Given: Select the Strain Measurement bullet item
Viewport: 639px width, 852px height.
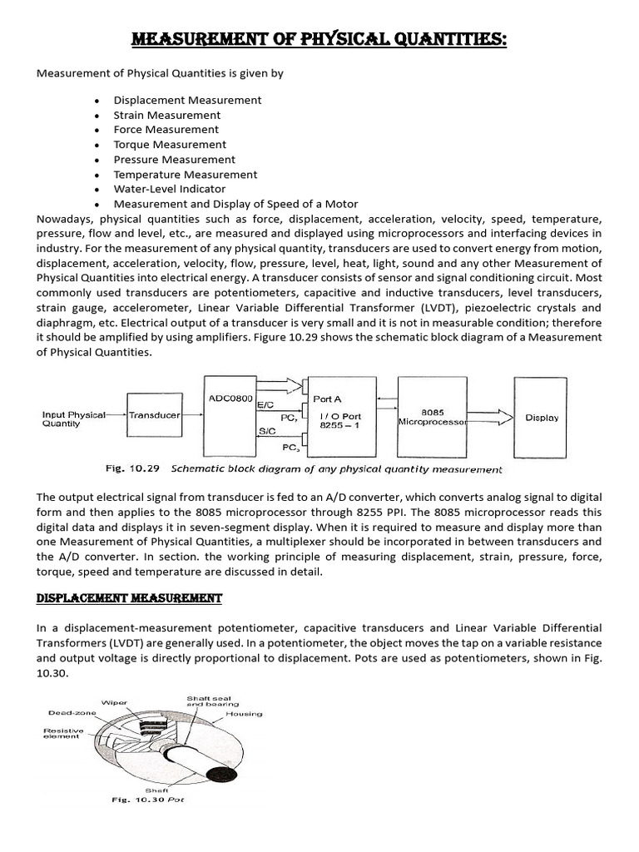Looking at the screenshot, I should (166, 115).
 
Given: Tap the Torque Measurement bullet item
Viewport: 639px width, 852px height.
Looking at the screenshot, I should (169, 145).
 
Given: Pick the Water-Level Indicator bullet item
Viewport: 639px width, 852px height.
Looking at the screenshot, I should (163, 190).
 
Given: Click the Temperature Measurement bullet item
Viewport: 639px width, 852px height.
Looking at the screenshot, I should (185, 175).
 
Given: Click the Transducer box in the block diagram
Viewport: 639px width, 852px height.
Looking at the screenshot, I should (155, 414).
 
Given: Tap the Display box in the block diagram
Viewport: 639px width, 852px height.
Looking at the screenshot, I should (542, 418).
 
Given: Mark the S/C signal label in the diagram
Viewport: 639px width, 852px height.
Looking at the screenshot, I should (268, 432).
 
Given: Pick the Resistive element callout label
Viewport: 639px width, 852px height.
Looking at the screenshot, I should (62, 733).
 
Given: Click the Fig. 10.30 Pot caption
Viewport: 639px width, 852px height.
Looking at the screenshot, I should (147, 800).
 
